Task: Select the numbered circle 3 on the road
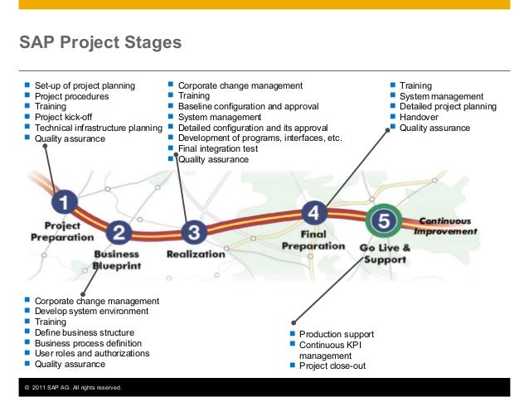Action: click(193, 231)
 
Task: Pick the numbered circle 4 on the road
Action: click(313, 213)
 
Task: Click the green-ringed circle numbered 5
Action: click(383, 220)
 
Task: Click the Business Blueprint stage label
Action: click(117, 259)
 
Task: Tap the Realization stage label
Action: click(196, 254)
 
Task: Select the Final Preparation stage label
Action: click(313, 240)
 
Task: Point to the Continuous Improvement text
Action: click(446, 225)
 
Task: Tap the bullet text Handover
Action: click(419, 118)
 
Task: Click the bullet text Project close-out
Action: click(332, 366)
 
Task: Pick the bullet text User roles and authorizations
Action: click(91, 353)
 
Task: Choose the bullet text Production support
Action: click(336, 334)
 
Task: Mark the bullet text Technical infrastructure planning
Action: click(98, 128)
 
